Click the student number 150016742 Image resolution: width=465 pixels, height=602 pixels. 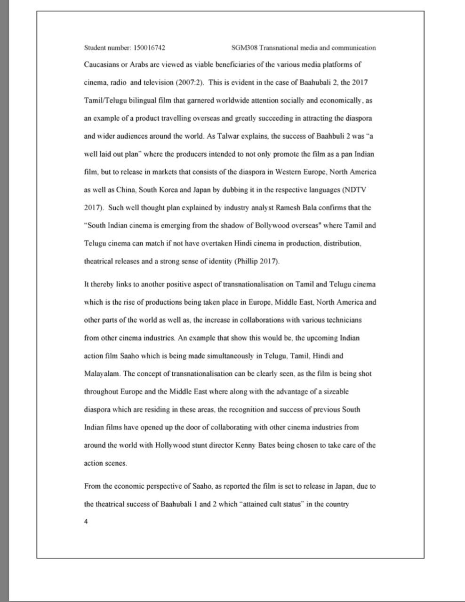coord(149,48)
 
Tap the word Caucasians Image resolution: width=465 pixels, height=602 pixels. coord(101,64)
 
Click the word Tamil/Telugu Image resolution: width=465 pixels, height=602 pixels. coord(104,100)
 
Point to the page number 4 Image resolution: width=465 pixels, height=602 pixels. coord(86,522)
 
